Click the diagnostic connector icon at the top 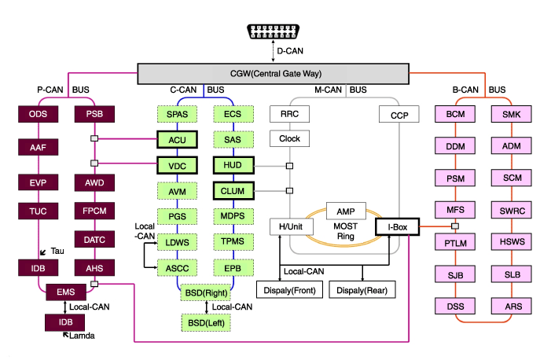click(x=274, y=31)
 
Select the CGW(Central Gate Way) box click(x=274, y=75)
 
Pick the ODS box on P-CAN click(x=38, y=115)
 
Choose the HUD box click(x=232, y=165)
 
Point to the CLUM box click(x=232, y=190)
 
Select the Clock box click(x=289, y=140)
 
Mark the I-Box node click(x=396, y=227)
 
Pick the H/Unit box click(x=289, y=227)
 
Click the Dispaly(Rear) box click(x=362, y=289)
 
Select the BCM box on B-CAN click(x=455, y=115)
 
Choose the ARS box click(x=512, y=304)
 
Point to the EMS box click(x=65, y=292)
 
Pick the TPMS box click(x=232, y=242)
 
